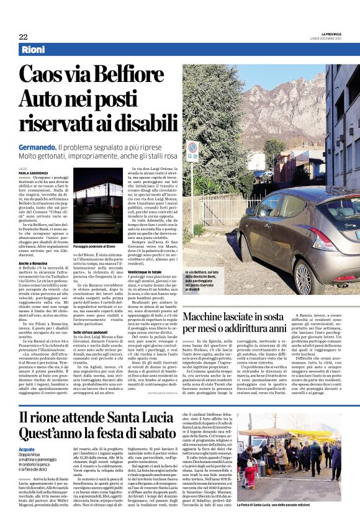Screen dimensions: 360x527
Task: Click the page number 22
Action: pos(23,37)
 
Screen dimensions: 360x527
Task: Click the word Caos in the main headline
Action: pos(45,75)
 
